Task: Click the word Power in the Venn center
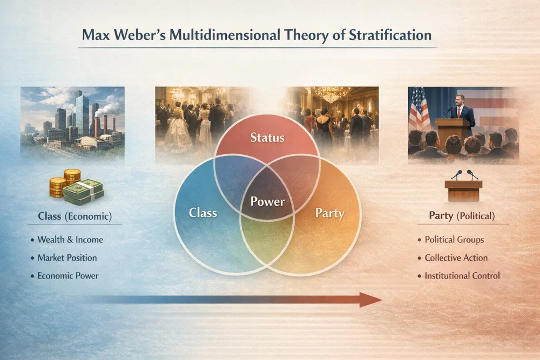[267, 202]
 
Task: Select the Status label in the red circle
[268, 137]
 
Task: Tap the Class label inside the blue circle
[203, 212]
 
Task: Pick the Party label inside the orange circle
[329, 213]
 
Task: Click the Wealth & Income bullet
[70, 240]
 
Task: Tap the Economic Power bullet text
[68, 275]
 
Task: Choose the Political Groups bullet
[454, 240]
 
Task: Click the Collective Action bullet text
[456, 257]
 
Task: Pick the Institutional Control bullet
[462, 275]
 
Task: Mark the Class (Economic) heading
[75, 216]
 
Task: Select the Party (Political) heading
[461, 216]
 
